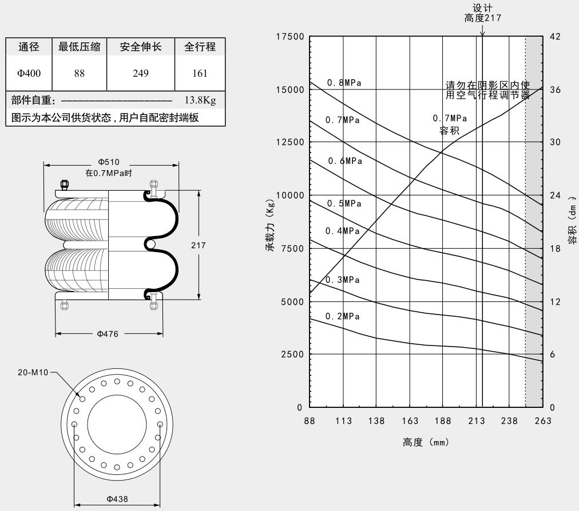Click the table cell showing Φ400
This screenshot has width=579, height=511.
coord(29,74)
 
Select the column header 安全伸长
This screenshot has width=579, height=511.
coord(140,48)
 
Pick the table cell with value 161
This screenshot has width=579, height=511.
coord(200,74)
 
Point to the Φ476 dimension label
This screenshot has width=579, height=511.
coord(108,334)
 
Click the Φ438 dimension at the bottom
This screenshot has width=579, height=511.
coord(117,498)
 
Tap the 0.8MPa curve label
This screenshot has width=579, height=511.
coord(344,83)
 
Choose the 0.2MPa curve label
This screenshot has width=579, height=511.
coord(343,316)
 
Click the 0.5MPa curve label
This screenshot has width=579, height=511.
coord(344,203)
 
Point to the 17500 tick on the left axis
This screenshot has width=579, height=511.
coord(289,37)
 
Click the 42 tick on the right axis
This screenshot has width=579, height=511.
coord(555,37)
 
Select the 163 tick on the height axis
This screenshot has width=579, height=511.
coord(410,421)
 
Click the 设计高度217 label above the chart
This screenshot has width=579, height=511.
coord(482,13)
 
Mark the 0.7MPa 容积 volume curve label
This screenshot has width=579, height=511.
coord(450,124)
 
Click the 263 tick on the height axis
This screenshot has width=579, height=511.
coord(542,421)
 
